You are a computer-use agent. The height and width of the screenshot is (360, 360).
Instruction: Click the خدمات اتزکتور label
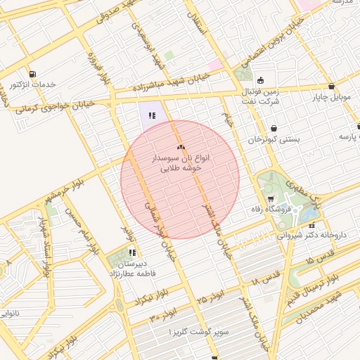32,85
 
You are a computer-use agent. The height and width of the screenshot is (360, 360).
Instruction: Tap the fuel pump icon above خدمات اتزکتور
32,74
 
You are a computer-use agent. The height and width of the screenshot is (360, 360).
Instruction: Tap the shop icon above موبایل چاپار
331,86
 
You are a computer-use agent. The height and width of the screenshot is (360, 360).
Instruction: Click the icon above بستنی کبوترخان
274,128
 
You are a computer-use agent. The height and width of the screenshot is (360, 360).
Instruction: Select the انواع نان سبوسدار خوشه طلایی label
181,164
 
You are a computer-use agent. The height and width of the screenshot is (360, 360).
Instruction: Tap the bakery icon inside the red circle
181,147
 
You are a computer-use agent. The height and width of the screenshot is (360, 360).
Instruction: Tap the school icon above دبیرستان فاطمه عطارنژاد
131,252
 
